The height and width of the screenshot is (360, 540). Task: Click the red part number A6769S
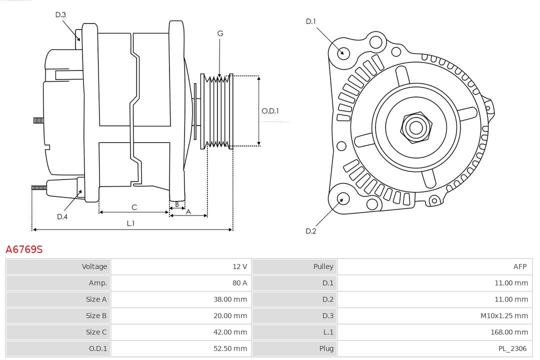point(24,249)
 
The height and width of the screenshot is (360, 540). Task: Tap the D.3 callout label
point(60,14)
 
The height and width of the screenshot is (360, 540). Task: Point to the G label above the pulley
point(220,33)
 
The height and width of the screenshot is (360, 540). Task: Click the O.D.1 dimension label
point(270,111)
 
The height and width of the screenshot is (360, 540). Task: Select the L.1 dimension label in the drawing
point(130,223)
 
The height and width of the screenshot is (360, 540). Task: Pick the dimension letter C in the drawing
point(134,207)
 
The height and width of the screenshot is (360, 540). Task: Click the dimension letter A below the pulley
point(188,211)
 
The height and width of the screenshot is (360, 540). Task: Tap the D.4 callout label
point(62,216)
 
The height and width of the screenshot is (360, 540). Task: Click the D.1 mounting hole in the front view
point(343,52)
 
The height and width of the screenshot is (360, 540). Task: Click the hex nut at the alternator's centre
point(415,127)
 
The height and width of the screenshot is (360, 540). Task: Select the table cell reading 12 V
point(239,266)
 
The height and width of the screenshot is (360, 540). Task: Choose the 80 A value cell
point(239,283)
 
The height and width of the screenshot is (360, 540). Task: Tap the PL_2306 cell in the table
point(512,348)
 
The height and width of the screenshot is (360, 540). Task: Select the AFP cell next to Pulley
point(519,266)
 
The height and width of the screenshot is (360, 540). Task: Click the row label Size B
point(96,315)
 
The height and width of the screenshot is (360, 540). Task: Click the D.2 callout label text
point(311,231)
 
